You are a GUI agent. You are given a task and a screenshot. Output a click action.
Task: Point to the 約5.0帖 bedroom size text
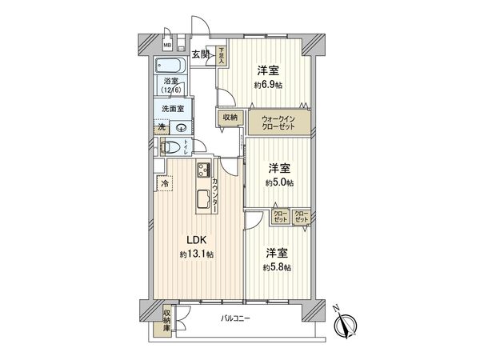tap(279, 182)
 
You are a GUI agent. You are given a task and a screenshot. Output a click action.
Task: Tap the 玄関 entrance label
tap(201, 54)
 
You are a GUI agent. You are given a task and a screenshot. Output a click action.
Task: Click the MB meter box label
tap(167, 45)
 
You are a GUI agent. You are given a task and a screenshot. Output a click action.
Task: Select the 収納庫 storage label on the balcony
tap(167, 321)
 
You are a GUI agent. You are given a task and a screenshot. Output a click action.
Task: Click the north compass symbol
tap(346, 325)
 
